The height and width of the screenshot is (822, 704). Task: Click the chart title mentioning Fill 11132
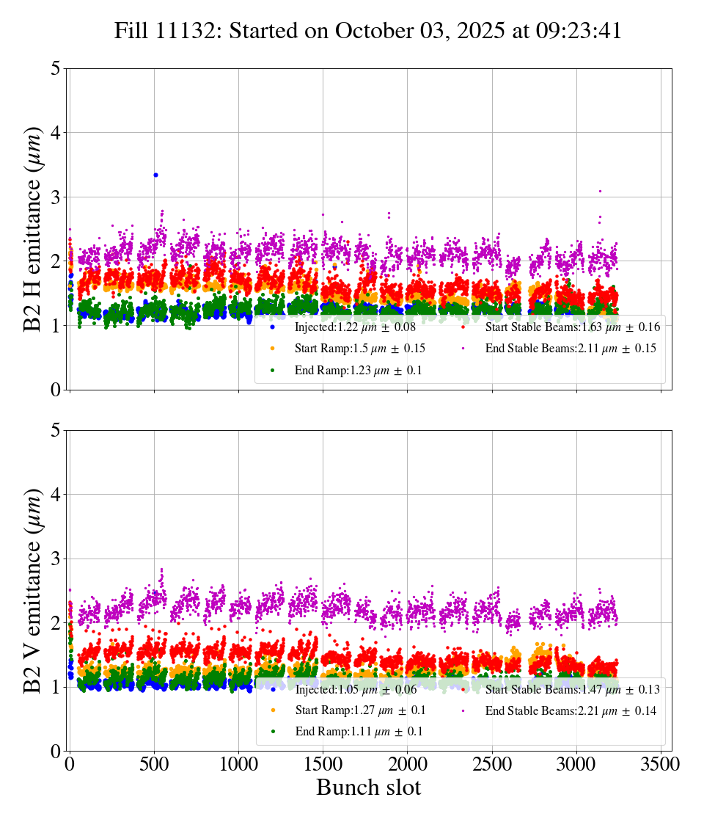point(368,31)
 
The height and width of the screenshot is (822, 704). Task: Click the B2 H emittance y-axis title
point(33,228)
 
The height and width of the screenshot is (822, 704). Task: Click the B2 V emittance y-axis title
point(33,590)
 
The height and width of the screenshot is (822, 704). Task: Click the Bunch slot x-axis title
point(368,788)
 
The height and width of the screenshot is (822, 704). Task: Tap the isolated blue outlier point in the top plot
point(155,175)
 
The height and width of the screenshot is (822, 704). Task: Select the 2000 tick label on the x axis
point(408,763)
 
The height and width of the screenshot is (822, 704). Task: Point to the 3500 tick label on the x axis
point(661,763)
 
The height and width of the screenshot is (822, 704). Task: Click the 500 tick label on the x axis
point(155,763)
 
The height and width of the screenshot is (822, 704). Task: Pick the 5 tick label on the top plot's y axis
point(55,68)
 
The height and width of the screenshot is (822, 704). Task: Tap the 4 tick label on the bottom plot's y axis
point(55,495)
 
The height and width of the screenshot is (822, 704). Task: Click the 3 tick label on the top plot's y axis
point(55,197)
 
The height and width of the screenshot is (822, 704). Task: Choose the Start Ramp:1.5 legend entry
point(359,349)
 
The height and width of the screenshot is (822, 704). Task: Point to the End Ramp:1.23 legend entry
point(358,371)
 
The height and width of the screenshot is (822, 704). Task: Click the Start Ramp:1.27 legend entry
point(359,711)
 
